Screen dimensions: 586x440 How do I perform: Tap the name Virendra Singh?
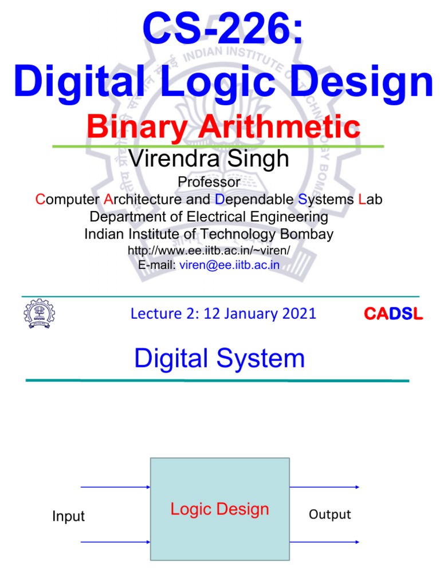(210, 159)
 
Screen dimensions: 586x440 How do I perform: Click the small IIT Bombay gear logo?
(38, 314)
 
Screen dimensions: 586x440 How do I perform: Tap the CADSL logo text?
(394, 314)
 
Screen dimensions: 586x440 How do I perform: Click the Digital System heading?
(219, 359)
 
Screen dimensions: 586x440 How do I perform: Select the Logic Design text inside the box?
(219, 509)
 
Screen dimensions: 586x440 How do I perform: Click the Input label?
(68, 516)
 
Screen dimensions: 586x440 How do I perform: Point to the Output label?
(329, 514)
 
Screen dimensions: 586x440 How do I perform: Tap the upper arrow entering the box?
(115, 488)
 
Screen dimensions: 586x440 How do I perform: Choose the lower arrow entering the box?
(115, 541)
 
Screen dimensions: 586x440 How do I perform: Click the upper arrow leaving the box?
(324, 488)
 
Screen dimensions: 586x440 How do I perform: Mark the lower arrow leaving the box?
(324, 541)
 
